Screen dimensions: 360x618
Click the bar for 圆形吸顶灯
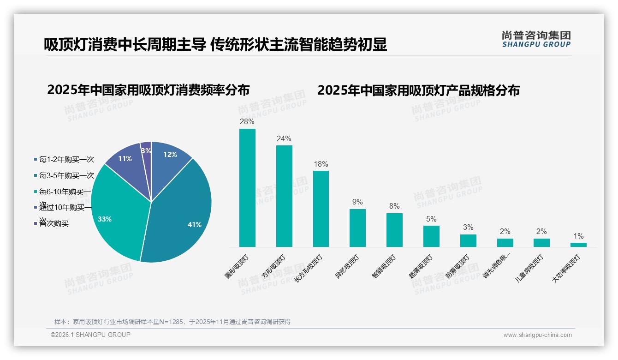tap(247, 188)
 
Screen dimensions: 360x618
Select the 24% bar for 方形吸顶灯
tap(284, 196)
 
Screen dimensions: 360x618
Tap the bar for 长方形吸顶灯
tap(321, 209)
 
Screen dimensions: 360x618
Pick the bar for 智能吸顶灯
tap(394, 230)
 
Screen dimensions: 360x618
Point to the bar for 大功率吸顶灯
tap(578, 245)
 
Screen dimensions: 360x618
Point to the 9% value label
tap(357, 202)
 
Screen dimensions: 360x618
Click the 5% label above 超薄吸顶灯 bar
tap(431, 219)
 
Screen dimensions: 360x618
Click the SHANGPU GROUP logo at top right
tap(536, 39)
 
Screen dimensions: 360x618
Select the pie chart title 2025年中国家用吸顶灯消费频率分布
tap(148, 90)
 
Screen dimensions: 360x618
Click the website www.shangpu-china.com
tap(537, 335)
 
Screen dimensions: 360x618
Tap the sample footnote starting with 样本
tap(172, 322)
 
